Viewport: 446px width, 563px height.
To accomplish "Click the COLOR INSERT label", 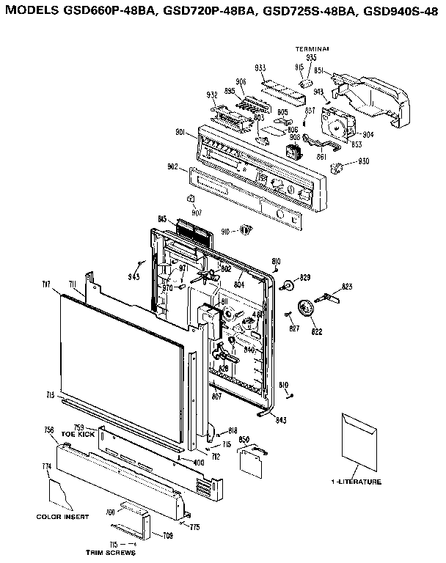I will (62, 517).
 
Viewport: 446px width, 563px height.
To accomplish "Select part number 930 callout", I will (363, 161).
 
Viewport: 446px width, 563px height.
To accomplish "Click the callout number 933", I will (260, 67).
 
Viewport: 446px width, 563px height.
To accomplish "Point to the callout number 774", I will (46, 467).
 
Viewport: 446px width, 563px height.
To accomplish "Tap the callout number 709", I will (167, 536).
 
